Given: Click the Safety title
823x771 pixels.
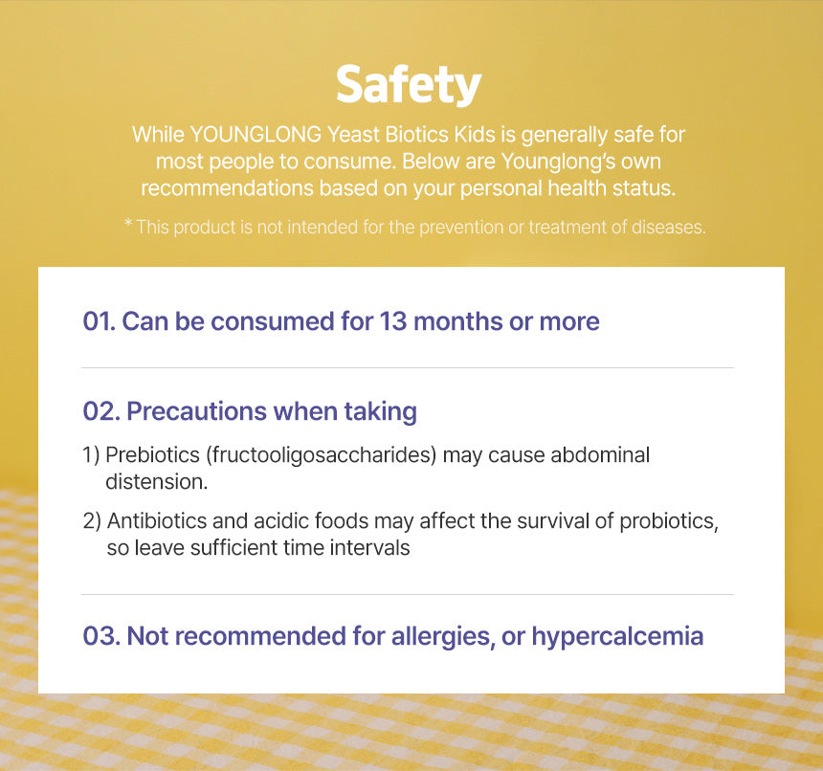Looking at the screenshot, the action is pos(409,85).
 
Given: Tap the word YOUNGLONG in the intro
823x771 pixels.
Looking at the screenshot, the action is pos(256,135).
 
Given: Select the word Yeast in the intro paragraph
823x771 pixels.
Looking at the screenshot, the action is pos(353,135).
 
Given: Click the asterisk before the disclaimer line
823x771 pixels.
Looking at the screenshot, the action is pos(127,223).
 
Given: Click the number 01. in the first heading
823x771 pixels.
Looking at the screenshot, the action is pos(99,321).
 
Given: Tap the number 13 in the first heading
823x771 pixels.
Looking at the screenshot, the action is pos(392,321).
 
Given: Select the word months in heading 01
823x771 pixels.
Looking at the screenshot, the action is pos(457,321).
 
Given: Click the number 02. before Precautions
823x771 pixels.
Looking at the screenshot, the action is pos(101,411).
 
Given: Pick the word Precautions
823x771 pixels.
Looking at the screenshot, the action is pos(197,411).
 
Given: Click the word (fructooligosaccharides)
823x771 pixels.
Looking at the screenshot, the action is pos(322,455).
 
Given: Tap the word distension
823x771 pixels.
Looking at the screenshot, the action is pos(156,482).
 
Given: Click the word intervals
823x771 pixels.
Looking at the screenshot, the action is pos(369,547).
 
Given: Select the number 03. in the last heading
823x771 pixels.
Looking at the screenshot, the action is pos(101,636).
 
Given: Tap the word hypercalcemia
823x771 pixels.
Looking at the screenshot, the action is pos(617,637).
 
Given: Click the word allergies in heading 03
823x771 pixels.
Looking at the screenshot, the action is pos(443,637).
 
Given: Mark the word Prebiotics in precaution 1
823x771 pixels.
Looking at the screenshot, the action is pos(152,455).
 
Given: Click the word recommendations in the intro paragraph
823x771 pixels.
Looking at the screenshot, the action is pos(227,188).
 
